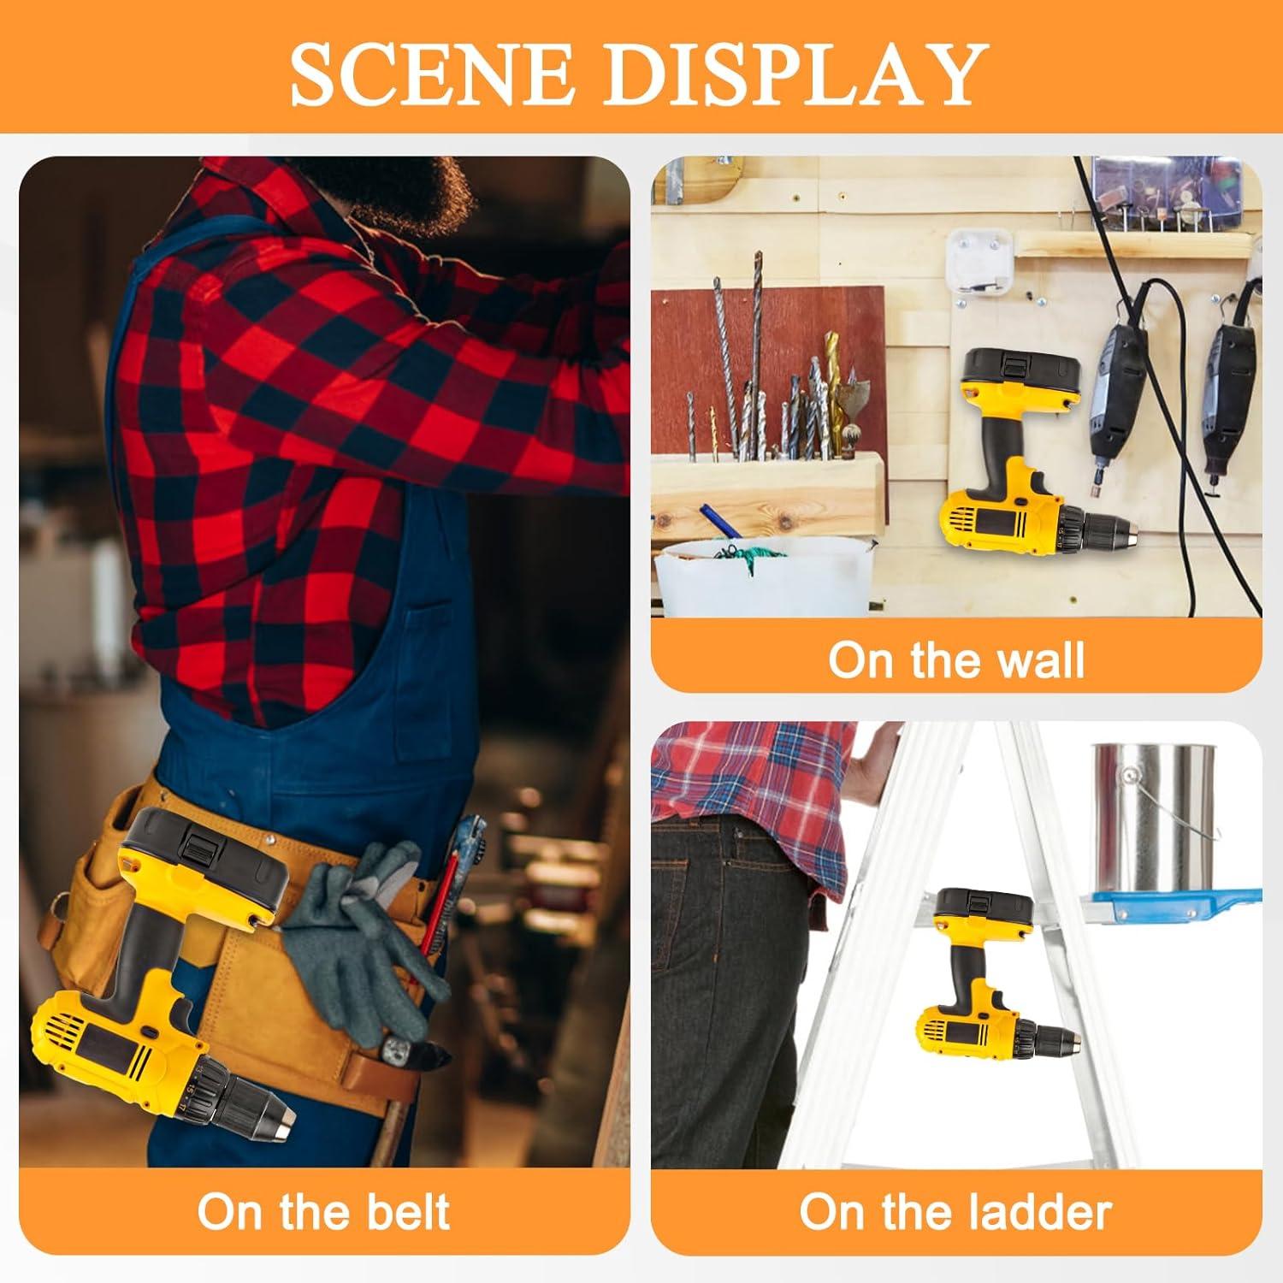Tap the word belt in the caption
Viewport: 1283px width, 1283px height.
click(x=404, y=1212)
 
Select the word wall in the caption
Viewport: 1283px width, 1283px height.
click(x=1036, y=660)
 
